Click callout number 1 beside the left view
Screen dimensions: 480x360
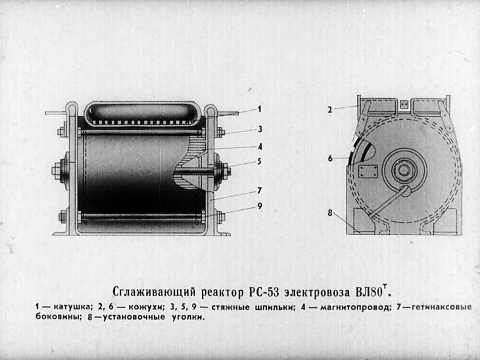(x=260, y=109)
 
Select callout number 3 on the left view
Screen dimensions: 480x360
(x=260, y=129)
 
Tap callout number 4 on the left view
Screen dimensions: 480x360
(x=260, y=146)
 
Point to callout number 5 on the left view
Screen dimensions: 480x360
(x=260, y=161)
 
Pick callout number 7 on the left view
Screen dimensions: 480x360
(x=260, y=190)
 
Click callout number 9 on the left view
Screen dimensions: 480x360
(x=260, y=205)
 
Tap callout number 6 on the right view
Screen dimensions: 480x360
(x=331, y=159)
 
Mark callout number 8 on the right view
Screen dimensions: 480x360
(x=331, y=212)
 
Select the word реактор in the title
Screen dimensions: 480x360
(x=221, y=291)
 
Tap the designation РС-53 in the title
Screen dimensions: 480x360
(x=268, y=291)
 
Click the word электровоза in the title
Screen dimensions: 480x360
(x=320, y=291)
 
